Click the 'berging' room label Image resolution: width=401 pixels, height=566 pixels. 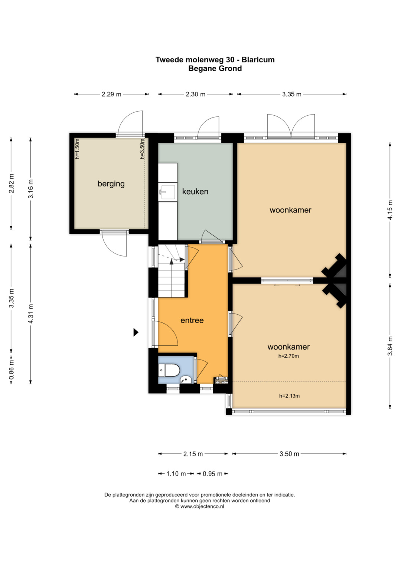coord(111,184)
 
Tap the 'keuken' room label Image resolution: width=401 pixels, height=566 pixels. coord(195,191)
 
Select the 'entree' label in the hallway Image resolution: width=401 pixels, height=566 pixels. coord(192,320)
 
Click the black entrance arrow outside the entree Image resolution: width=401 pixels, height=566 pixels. coord(136,332)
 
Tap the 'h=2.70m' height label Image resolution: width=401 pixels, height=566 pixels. coord(288,356)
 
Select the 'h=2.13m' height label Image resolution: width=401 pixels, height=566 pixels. coord(289,396)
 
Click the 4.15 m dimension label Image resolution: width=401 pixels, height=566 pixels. coord(390,210)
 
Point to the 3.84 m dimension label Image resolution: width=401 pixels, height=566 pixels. coord(390,346)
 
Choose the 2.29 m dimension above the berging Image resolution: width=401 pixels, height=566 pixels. coord(111,94)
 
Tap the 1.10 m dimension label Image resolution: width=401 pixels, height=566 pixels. coord(176,474)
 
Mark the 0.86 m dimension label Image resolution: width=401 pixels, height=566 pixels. coord(12,370)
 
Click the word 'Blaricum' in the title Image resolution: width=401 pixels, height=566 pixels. coord(258,60)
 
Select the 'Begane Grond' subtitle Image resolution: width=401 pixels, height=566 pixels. coord(215,68)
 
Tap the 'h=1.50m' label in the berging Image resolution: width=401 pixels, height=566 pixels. coord(78,149)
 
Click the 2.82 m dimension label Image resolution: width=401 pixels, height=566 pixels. coord(12,183)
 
